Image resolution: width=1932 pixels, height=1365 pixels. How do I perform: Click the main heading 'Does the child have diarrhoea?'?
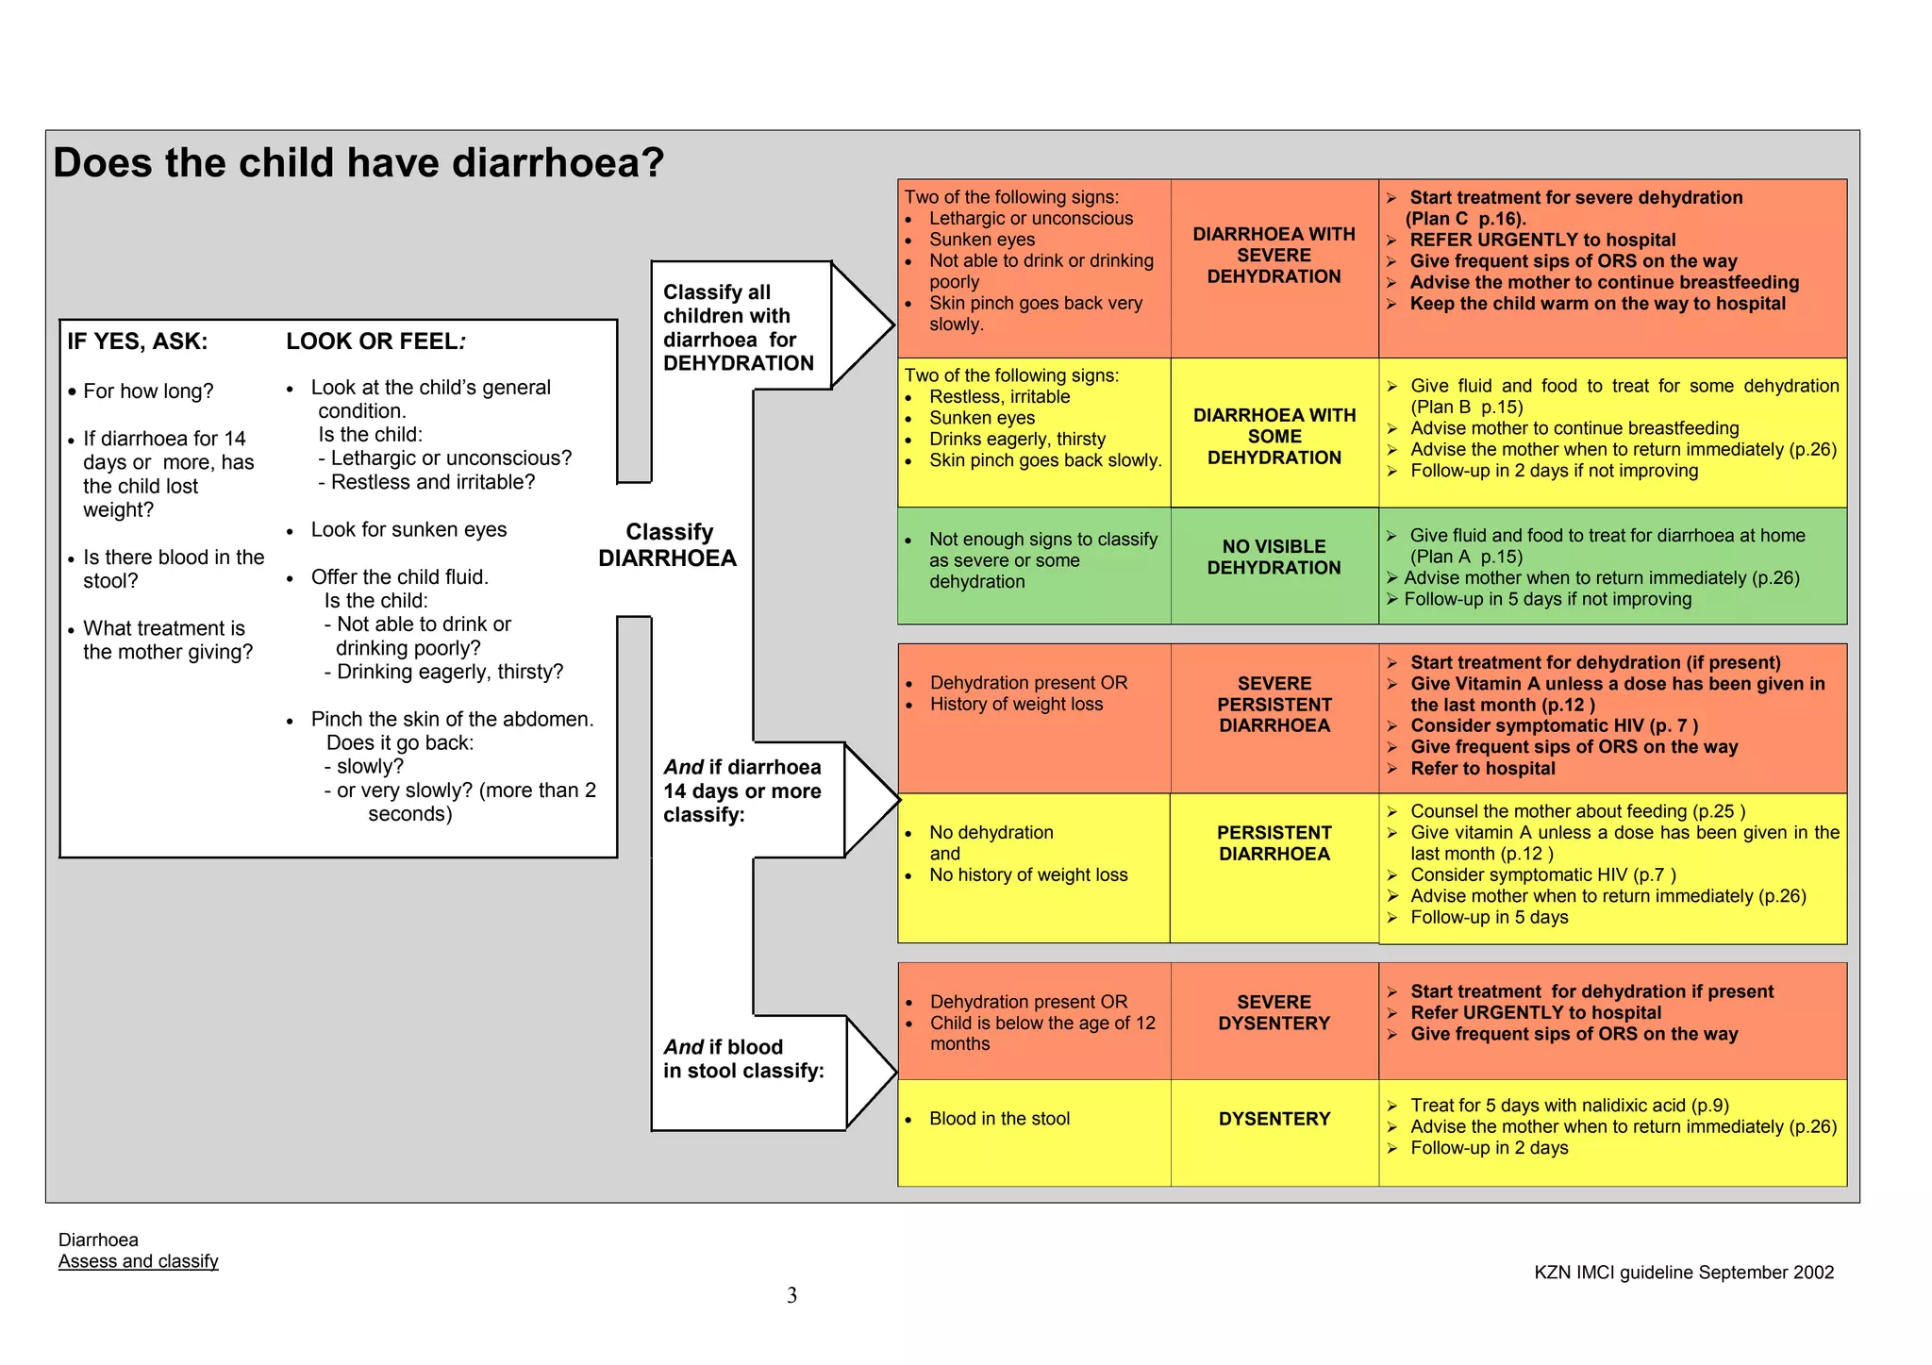point(358,162)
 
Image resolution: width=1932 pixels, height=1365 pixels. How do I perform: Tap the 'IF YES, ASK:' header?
point(138,341)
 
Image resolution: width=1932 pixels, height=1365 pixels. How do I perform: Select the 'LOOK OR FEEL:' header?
point(375,341)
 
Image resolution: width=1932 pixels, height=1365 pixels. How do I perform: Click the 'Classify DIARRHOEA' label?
point(668,545)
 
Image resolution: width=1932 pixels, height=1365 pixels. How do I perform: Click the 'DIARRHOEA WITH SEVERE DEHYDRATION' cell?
point(1274,256)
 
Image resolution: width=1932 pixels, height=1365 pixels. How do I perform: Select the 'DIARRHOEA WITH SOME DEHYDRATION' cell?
point(1274,436)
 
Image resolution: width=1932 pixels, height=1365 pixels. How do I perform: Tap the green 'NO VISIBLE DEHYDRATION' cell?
point(1274,558)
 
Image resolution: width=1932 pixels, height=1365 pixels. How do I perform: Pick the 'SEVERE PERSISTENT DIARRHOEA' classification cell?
point(1274,705)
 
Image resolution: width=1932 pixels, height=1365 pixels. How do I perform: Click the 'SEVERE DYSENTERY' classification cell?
point(1274,1013)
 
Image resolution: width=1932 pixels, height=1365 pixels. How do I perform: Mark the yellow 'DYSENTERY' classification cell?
point(1274,1120)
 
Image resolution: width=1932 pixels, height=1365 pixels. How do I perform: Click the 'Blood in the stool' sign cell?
point(999,1119)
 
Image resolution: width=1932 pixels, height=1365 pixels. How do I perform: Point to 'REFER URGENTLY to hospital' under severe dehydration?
point(1542,241)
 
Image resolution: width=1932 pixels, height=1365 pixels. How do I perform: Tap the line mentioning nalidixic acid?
point(1570,1106)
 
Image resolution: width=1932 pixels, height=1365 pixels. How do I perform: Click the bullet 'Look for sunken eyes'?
point(408,530)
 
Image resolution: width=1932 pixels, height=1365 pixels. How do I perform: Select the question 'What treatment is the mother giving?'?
point(167,641)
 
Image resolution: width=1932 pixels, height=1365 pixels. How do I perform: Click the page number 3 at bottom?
point(791,1295)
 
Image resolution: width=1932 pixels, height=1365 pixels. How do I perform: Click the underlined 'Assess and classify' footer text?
point(138,1261)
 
